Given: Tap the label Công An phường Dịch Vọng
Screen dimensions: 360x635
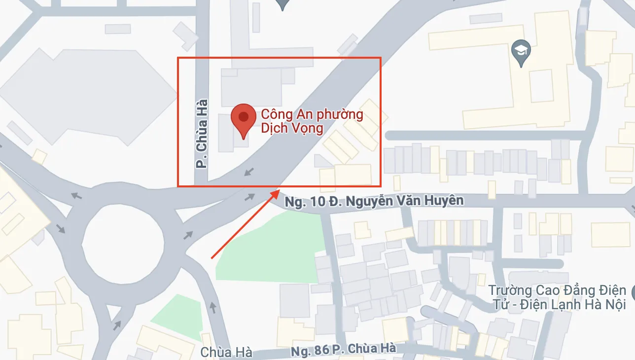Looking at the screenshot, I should pos(312,121).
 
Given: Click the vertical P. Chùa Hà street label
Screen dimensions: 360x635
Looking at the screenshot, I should pos(201,134).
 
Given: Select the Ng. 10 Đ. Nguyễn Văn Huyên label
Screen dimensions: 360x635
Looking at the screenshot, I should pos(375,201).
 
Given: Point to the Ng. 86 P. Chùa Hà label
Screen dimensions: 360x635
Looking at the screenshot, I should pos(343,350).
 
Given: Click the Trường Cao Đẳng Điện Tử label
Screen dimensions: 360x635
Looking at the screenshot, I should pos(558,297).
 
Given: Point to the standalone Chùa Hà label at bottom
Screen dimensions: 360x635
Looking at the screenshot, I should pos(226,353).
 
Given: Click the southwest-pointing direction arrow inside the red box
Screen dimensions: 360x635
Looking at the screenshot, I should pos(250,171).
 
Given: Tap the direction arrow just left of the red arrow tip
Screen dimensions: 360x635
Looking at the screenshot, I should pos(250,197).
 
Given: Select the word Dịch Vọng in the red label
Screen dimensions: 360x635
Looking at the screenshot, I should pos(292,129).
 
